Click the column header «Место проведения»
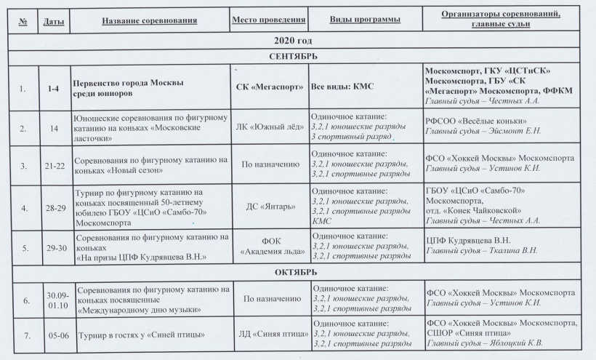pos(268,20)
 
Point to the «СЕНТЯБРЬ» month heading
pos(297,56)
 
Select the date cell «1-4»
pos(53,89)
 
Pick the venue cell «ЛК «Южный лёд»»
pos(268,126)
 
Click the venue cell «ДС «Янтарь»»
pos(268,207)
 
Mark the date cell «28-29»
pos(54,207)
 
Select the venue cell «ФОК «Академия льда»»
pos(268,247)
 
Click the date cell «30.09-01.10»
pos(55,299)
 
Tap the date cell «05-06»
pos(54,335)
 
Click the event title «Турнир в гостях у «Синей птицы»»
pos(137,335)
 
